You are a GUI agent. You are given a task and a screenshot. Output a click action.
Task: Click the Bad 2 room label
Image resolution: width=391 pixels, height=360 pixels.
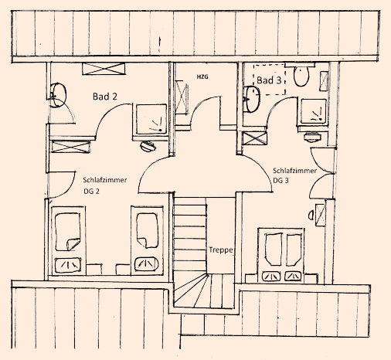pos(105,97)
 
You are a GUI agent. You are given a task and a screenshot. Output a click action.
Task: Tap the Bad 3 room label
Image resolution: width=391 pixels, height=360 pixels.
pos(269,80)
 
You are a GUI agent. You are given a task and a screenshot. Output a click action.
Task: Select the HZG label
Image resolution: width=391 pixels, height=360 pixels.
pos(202,76)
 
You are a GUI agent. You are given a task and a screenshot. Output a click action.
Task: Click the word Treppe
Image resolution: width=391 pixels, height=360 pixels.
pos(221,250)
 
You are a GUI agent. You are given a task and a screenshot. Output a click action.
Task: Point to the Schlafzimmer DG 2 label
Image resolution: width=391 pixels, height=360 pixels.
pos(105,185)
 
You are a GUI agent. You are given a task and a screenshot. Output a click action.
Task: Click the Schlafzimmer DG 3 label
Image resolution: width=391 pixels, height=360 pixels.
pos(294,175)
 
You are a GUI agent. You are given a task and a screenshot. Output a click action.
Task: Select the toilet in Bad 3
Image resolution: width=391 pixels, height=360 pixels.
pos(301,76)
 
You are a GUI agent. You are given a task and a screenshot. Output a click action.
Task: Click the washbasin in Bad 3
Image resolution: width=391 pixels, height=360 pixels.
pos(253,99)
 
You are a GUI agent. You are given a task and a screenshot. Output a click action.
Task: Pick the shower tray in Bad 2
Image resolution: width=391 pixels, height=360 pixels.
pos(151,119)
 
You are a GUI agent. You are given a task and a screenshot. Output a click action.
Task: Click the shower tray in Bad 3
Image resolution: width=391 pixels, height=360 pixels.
pos(313,111)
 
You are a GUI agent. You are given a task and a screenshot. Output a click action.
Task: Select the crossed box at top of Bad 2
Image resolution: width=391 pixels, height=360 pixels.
pos(104,69)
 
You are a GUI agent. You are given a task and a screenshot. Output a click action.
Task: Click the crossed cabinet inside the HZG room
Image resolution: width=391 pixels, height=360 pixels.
pos(182,97)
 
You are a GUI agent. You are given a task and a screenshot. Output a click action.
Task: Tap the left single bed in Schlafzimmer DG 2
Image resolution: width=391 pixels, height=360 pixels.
pos(69,240)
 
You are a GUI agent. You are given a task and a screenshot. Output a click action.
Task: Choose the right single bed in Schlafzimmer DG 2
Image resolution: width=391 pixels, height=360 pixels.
pos(147,240)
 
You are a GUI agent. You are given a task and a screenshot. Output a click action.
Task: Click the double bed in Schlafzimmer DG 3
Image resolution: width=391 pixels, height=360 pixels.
pos(281,255)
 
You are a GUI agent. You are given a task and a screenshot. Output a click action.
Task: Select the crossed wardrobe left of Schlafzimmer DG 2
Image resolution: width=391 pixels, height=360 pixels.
pos(71,148)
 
